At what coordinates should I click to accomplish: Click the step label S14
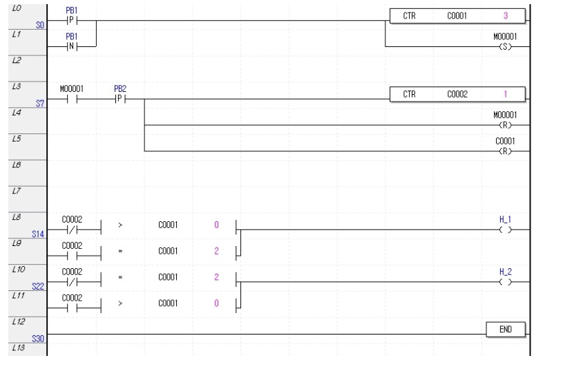click(38, 234)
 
